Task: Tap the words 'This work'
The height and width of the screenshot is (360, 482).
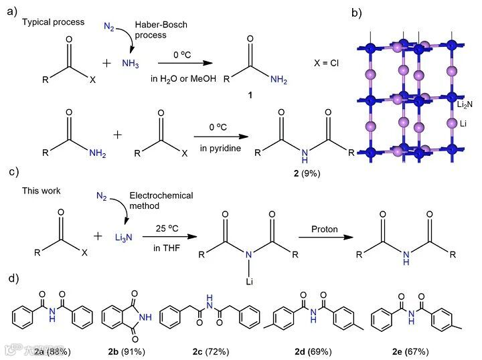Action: point(42,191)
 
